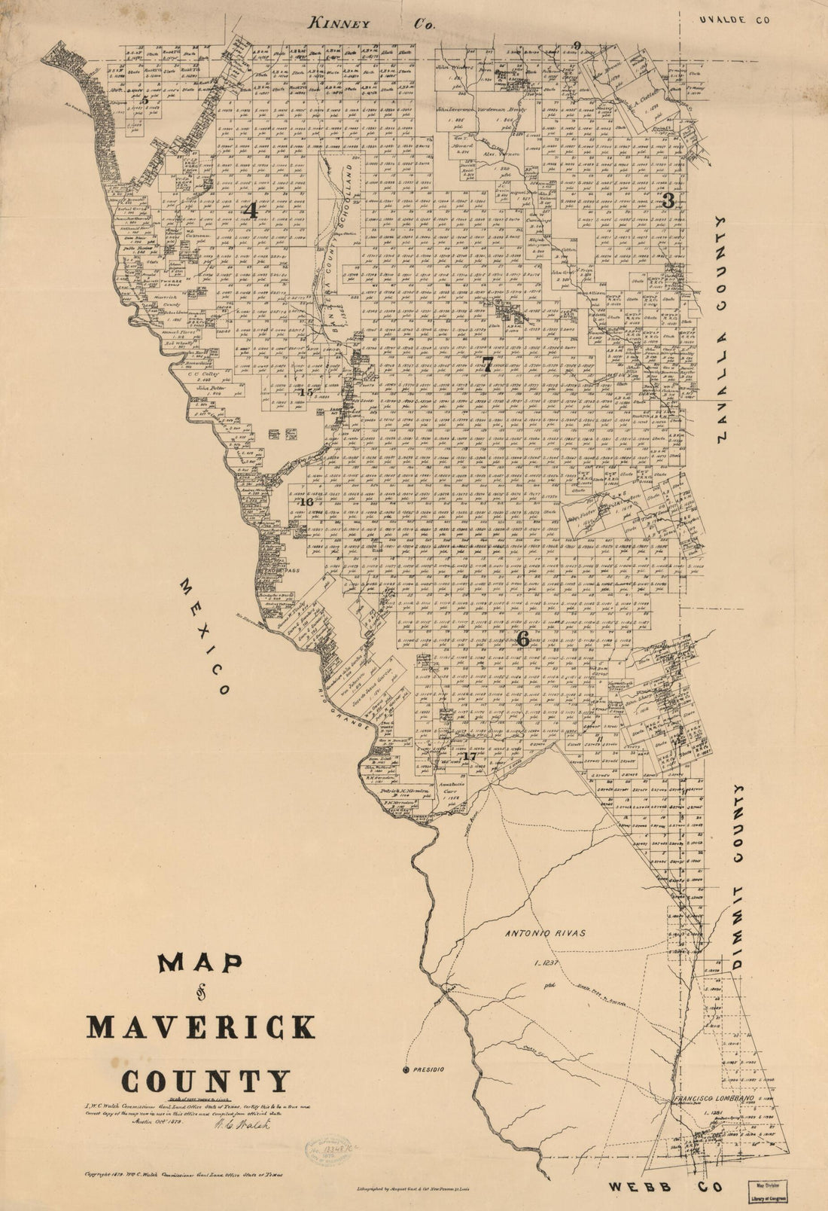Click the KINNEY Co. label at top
tap(373, 24)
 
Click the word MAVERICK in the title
tap(201, 1026)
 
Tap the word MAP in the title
tap(199, 964)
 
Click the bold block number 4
tap(251, 212)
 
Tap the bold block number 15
tap(305, 392)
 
